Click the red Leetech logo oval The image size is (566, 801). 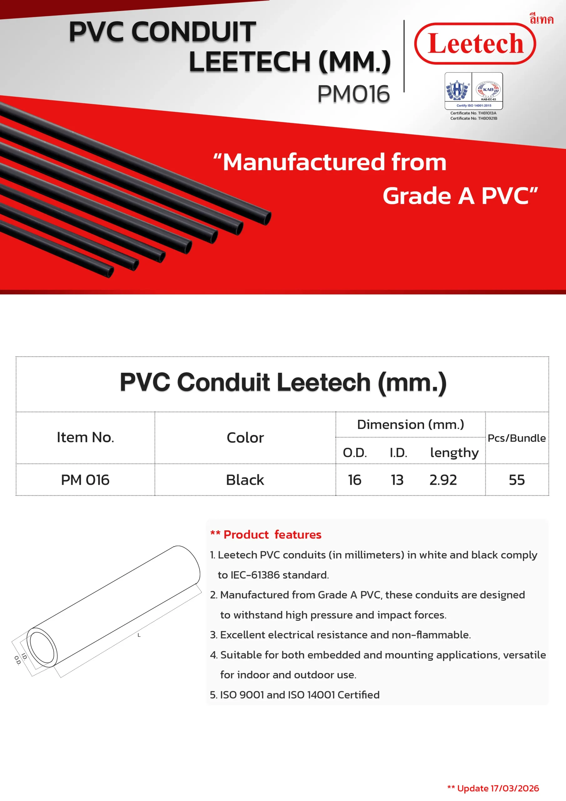pos(475,43)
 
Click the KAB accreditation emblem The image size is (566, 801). pos(488,90)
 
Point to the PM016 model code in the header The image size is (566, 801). pos(353,94)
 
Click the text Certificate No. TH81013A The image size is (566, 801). pos(473,113)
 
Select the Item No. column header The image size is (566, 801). pos(85,437)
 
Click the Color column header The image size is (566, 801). pos(245,438)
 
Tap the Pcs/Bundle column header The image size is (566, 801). pos(517,438)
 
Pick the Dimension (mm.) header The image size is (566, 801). pos(411,425)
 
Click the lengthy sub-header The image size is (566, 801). pos(454,452)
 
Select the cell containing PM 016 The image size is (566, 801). pos(85,480)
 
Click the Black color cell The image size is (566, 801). pos(245,480)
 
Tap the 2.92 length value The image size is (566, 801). pos(443,480)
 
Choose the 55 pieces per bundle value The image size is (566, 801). pos(517,480)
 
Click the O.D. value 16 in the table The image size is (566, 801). pos(354,480)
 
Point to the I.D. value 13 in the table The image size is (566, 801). pos(397,480)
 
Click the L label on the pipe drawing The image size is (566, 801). pos(139,635)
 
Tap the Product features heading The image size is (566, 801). pos(272,534)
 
